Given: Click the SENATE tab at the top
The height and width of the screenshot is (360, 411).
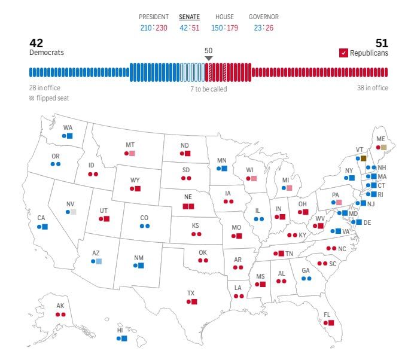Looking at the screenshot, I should click(190, 17).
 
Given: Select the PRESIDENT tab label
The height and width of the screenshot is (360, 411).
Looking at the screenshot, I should click(154, 17).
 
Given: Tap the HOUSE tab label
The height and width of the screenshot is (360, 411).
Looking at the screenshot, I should click(224, 17).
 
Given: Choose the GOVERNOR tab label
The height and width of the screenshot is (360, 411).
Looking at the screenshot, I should click(263, 17).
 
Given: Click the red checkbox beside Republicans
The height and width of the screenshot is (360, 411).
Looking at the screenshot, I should click(343, 53).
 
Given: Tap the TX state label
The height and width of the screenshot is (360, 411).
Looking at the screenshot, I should click(191, 293).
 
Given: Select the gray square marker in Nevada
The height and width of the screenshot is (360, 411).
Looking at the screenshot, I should click(74, 212).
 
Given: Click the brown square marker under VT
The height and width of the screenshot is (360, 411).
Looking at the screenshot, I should click(363, 158).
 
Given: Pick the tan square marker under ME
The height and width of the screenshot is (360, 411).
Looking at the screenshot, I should click(384, 147).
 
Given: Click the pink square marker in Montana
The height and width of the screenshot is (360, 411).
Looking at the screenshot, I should click(132, 153).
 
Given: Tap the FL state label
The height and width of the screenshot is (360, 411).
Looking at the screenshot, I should click(327, 315).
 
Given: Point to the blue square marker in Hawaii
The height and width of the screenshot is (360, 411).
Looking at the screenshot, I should click(124, 338).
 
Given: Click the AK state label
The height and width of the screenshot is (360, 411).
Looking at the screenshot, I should click(60, 306).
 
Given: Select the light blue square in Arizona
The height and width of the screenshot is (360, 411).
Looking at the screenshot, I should click(99, 261).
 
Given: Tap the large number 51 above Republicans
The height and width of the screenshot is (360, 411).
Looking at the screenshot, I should click(382, 43).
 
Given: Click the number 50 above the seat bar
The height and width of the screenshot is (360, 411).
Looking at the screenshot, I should click(208, 50).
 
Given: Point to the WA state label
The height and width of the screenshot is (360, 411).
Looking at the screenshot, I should click(68, 127).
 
